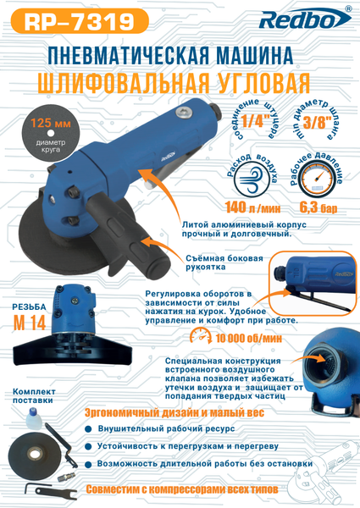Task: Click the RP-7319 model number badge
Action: pos(80,21)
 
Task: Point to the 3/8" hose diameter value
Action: pos(318,122)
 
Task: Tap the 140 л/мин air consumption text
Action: pos(252,208)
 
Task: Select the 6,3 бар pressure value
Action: pos(318,207)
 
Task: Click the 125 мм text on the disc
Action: pos(51,124)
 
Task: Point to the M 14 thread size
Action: pos(29,322)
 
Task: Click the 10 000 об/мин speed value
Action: pos(248,339)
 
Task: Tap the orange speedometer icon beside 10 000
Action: pos(201,335)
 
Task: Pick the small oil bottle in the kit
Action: pos(34,417)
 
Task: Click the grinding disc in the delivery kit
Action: pos(31,454)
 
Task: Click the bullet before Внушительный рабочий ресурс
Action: pos(88,429)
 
